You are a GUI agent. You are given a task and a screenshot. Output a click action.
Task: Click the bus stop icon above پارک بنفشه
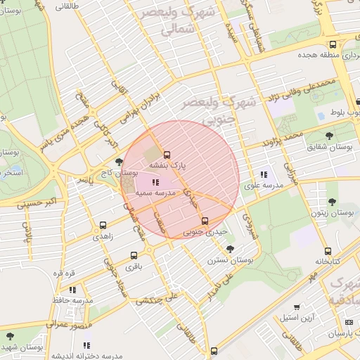coord(167,155)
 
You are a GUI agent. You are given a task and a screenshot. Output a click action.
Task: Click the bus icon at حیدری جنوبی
coord(205,221)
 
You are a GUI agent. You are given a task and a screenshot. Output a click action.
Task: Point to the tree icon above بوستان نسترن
coord(230,249)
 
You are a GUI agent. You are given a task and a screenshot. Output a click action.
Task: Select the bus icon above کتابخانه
coord(328,251)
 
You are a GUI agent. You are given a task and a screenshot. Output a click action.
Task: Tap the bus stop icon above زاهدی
coord(103,226)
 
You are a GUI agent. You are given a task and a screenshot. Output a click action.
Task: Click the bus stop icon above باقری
coord(134,257)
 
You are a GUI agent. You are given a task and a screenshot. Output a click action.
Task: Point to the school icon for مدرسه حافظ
coord(72,290)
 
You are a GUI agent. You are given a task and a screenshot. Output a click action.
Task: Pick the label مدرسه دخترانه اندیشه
coord(86,354)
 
